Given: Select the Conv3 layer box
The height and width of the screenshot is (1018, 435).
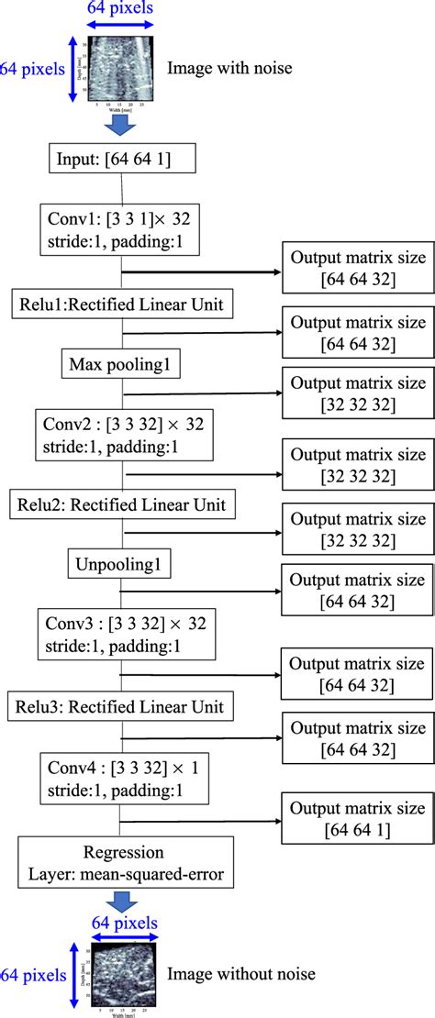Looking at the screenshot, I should (122, 635).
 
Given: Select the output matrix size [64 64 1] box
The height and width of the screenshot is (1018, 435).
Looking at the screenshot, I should (357, 818).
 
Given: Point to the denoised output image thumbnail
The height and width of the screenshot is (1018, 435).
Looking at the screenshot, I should (124, 974).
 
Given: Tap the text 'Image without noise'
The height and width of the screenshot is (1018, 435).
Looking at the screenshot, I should (241, 973).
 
